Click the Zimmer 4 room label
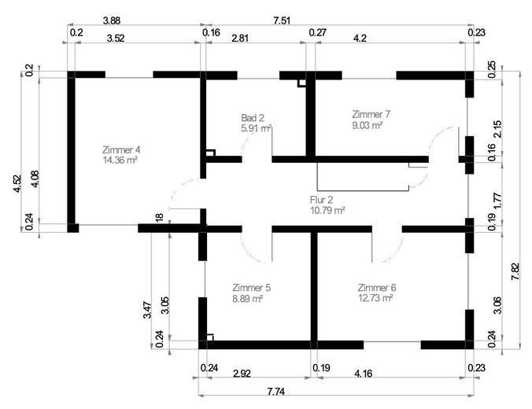[121, 149]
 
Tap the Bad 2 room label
[253, 118]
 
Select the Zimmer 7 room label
[371, 114]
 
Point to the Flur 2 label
[321, 200]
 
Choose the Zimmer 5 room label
[251, 288]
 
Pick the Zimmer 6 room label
[377, 288]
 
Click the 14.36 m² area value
[120, 160]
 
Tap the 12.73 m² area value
[375, 298]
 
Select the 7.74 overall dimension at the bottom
[276, 392]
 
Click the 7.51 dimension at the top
[282, 20]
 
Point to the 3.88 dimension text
[112, 20]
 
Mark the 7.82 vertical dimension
[515, 271]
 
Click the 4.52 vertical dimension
[17, 184]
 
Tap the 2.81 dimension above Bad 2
[239, 38]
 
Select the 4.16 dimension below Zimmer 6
[363, 374]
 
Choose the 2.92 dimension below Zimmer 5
[242, 374]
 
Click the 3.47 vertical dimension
[147, 310]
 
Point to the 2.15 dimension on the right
[497, 129]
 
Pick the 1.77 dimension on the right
[497, 201]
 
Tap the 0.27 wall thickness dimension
[318, 32]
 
